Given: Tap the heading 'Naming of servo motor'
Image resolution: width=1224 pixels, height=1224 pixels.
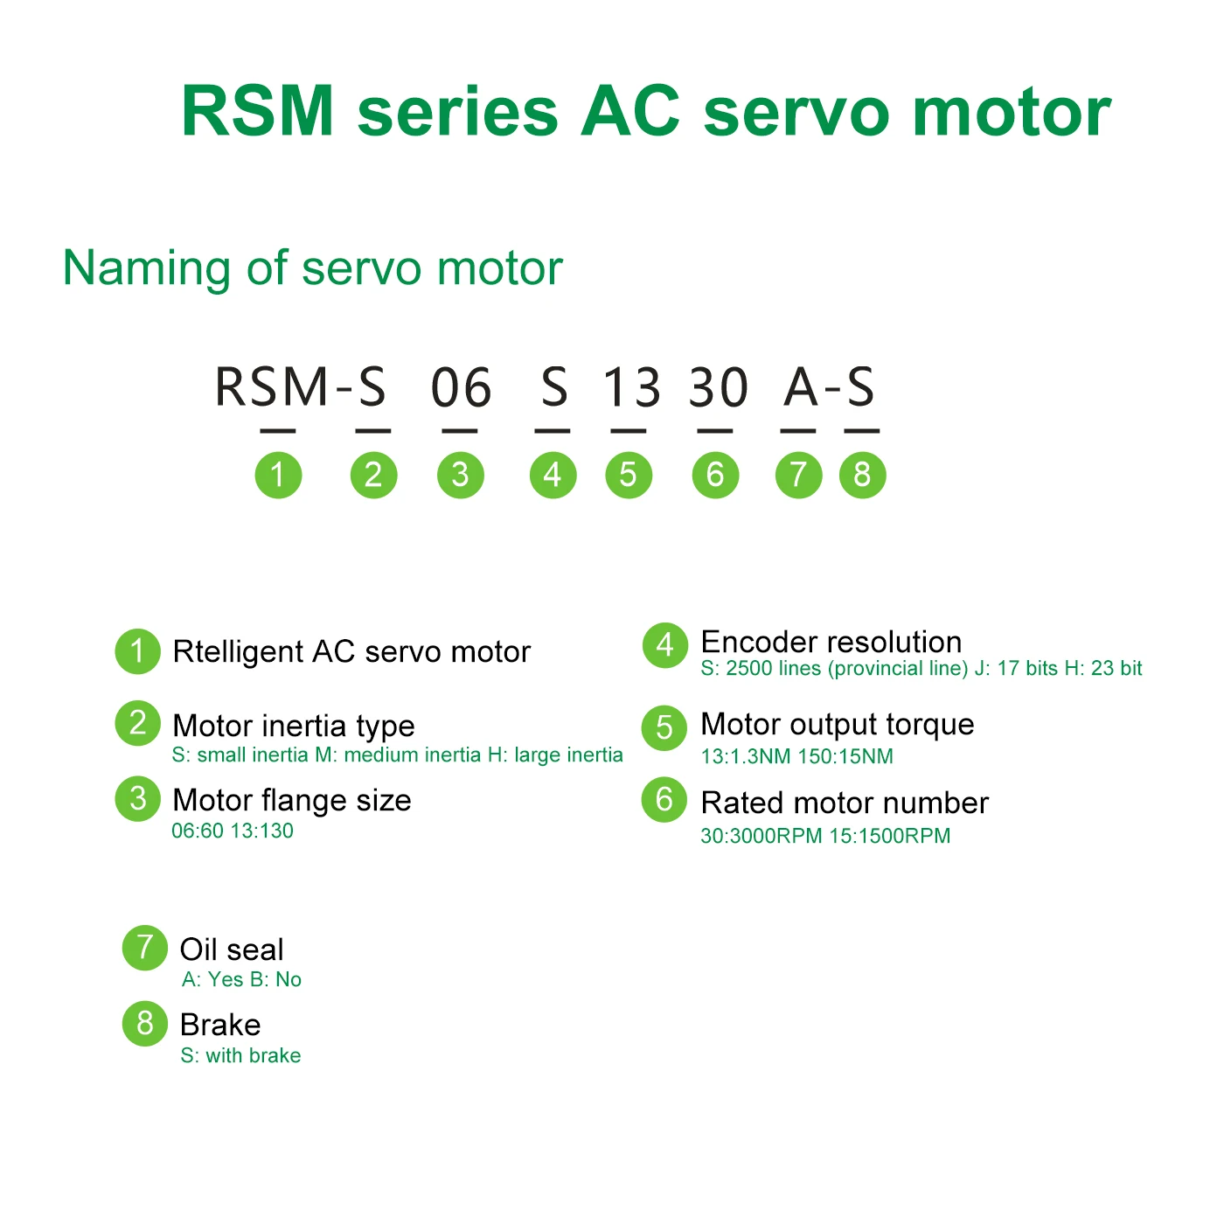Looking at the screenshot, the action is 312,268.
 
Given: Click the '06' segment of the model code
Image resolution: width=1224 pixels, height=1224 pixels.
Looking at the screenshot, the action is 461,387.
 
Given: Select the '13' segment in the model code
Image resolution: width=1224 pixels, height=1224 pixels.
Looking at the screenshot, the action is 631,387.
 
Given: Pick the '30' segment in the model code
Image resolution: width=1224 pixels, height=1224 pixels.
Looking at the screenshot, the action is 718,387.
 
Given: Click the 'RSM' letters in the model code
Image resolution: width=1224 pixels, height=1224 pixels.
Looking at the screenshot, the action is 271,387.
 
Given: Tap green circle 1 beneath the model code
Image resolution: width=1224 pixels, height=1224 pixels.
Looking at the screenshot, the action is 278,475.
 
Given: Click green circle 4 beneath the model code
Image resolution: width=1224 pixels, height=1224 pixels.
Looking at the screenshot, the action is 553,475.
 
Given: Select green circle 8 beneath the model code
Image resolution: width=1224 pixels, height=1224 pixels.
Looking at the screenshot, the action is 862,475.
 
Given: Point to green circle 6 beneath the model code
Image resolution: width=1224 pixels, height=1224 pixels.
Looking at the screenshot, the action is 715,475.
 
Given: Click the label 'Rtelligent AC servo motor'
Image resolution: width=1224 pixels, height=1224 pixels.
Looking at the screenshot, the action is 351,652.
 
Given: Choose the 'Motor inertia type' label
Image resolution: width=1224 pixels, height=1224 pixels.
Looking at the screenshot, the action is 294,726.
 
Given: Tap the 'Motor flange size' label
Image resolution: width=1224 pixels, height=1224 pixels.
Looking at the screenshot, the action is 292,800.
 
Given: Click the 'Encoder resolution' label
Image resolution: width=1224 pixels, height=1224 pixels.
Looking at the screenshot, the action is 831,642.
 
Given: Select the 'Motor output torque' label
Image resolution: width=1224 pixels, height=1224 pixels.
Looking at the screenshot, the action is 837,724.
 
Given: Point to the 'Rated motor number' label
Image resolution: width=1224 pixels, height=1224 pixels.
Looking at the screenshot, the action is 845,803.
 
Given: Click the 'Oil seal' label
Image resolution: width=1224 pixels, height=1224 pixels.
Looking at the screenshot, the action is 232,949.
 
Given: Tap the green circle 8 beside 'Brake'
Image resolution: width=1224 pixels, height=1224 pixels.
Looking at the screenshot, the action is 145,1023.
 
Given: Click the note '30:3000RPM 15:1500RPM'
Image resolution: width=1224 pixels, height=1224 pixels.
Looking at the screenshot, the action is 825,836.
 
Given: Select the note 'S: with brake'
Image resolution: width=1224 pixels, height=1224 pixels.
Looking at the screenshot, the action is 240,1055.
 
